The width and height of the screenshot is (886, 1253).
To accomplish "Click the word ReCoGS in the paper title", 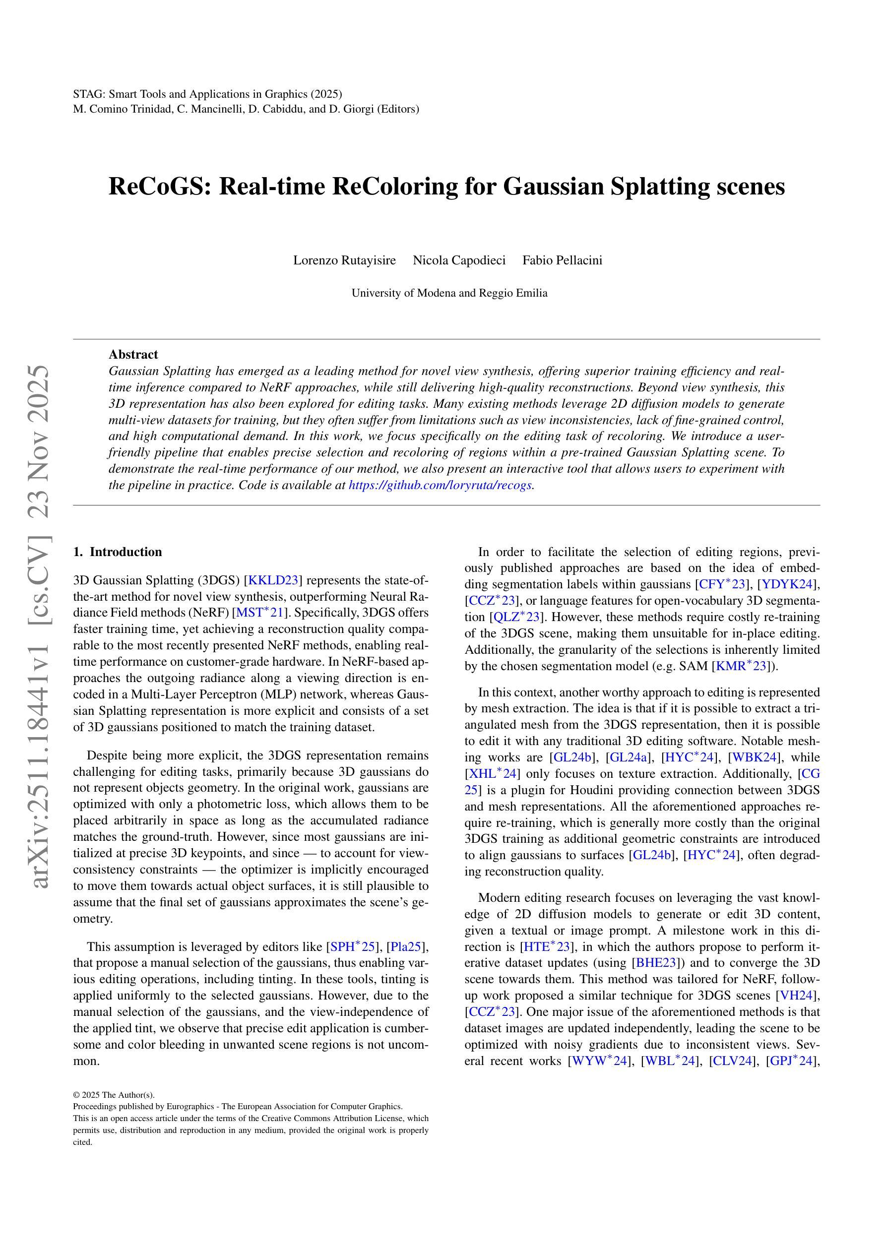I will [x=158, y=187].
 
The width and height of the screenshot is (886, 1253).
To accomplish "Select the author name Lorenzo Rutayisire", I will [x=344, y=260].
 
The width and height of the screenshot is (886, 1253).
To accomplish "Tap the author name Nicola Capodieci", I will [x=458, y=260].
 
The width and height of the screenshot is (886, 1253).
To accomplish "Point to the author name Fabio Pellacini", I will [x=562, y=260].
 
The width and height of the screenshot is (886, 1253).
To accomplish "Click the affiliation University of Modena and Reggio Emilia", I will [x=449, y=293].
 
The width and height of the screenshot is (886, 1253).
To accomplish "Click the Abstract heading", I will [x=133, y=355].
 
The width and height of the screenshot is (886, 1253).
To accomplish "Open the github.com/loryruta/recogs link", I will [x=441, y=485].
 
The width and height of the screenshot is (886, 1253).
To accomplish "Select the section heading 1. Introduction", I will [x=118, y=552].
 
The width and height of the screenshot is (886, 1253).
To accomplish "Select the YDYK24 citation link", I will [x=787, y=584].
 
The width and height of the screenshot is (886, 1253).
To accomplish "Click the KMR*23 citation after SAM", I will [x=741, y=666].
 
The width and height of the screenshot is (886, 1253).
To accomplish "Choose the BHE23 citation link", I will [x=654, y=963].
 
